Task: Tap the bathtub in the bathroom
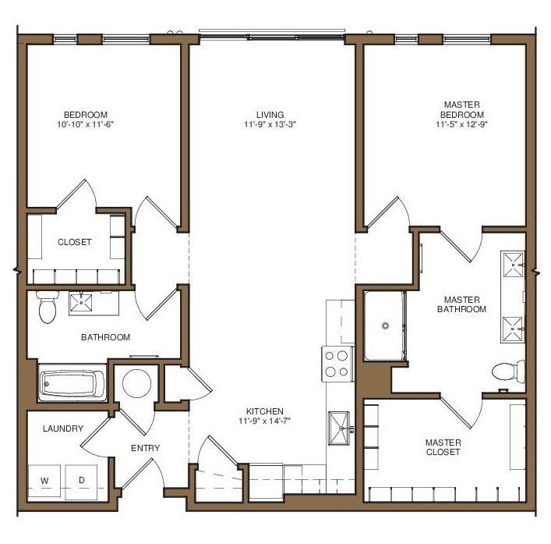coord(72,385)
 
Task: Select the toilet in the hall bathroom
coord(48,308)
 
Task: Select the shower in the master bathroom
coord(383,325)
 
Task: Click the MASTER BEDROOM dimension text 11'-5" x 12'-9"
coord(461,123)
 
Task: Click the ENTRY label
coord(145,448)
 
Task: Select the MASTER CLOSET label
coord(443,447)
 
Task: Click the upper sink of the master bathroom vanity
coord(514,265)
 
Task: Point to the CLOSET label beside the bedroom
coord(74,242)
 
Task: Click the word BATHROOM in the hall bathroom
coord(105,338)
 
